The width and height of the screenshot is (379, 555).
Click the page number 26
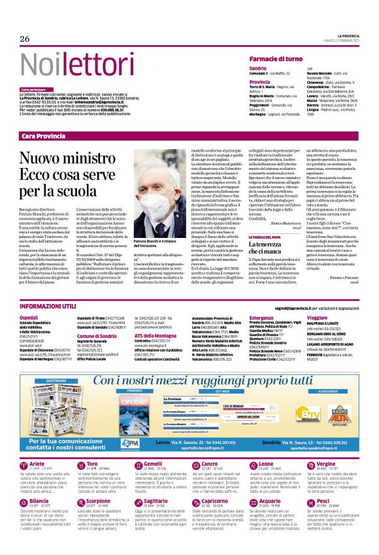pyautogui.click(x=25, y=39)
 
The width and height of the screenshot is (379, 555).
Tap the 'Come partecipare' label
pyautogui.click(x=33, y=90)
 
